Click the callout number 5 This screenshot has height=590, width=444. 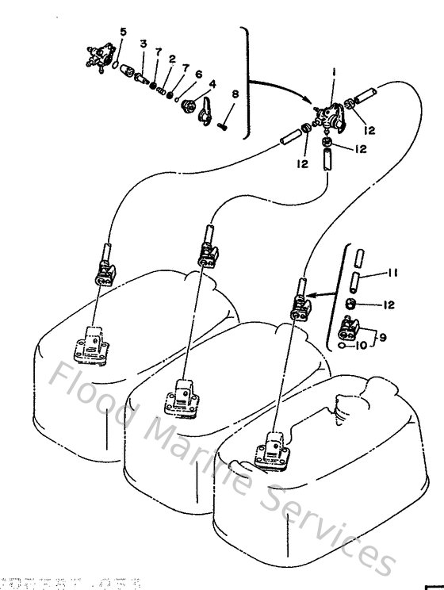point(122,31)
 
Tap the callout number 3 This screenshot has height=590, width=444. point(144,42)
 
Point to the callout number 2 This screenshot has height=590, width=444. point(171,59)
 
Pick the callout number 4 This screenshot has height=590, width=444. point(212,84)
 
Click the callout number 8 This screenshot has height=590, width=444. point(235,95)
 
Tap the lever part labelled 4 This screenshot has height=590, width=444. point(204,112)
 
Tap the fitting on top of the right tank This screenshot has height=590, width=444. point(271,450)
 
